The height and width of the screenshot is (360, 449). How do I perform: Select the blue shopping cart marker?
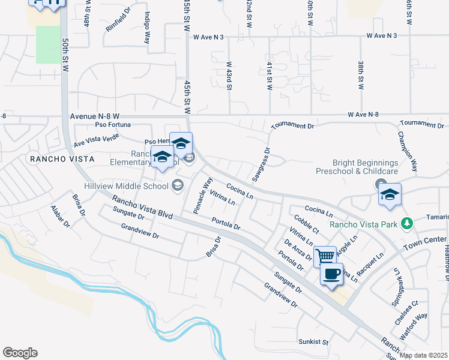click(325, 256)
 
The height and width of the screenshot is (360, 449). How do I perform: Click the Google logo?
click(20, 353)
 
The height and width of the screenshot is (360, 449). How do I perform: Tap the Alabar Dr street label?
click(61, 217)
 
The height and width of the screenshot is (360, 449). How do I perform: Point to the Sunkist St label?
click(314, 342)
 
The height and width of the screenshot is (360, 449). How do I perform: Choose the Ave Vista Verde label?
click(96, 140)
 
